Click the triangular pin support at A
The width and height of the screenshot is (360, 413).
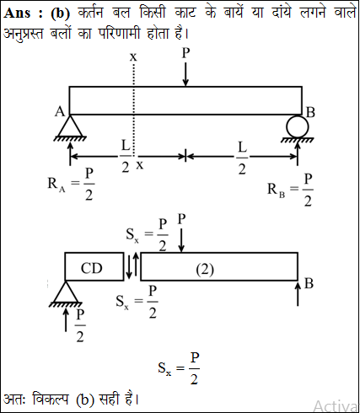pyautogui.click(x=70, y=126)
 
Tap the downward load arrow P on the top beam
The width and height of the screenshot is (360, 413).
pyautogui.click(x=185, y=74)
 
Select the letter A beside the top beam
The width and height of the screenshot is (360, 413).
pyautogui.click(x=60, y=112)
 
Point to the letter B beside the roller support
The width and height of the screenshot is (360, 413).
pyautogui.click(x=310, y=112)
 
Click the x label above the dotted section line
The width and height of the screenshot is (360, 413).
pyautogui.click(x=133, y=57)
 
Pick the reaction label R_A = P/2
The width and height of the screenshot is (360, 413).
pyautogui.click(x=71, y=185)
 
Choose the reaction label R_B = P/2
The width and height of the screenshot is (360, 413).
pyautogui.click(x=290, y=190)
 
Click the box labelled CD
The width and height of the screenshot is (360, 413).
pyautogui.click(x=94, y=266)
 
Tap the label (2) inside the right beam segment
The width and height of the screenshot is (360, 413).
pyautogui.click(x=205, y=270)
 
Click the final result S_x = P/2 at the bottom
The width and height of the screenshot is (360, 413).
pyautogui.click(x=179, y=368)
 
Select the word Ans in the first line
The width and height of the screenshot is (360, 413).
pyautogui.click(x=17, y=13)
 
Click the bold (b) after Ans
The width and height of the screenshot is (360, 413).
pyautogui.click(x=61, y=13)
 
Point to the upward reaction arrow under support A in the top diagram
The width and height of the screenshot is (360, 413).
pyautogui.click(x=70, y=153)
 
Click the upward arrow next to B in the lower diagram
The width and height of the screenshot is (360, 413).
pyautogui.click(x=298, y=294)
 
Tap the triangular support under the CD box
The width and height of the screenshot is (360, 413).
pyautogui.click(x=66, y=292)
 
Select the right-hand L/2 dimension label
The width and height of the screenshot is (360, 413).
pyautogui.click(x=242, y=158)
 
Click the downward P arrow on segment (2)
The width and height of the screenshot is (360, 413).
pyautogui.click(x=181, y=240)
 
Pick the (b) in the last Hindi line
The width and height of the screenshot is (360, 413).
pyautogui.click(x=84, y=400)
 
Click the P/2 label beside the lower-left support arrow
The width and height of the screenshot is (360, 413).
pyautogui.click(x=80, y=325)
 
